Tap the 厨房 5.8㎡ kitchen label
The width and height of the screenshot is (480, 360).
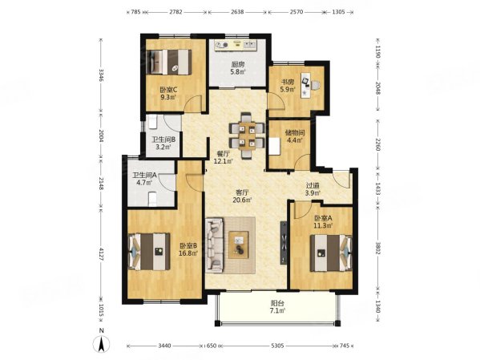click(237, 68)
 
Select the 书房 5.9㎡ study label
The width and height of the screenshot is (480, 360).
click(288, 86)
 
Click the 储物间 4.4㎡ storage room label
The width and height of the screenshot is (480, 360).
click(295, 136)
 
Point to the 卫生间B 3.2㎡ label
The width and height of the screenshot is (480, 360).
click(163, 143)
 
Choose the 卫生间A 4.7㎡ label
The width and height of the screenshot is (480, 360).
click(144, 179)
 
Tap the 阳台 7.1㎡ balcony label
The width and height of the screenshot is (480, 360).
click(277, 307)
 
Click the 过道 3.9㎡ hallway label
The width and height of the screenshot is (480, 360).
click(313, 189)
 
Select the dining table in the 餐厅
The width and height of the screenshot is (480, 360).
click(247, 136)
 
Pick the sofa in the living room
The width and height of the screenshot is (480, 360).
click(215, 245)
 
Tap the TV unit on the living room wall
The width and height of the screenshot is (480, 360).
click(284, 242)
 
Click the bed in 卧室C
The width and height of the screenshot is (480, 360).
click(168, 63)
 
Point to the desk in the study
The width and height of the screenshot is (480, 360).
click(306, 85)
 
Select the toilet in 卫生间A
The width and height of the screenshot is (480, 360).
click(152, 198)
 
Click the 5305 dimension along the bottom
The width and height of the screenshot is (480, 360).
click(277, 346)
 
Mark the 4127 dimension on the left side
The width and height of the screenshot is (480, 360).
click(101, 254)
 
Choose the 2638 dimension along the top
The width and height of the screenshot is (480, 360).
click(237, 12)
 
